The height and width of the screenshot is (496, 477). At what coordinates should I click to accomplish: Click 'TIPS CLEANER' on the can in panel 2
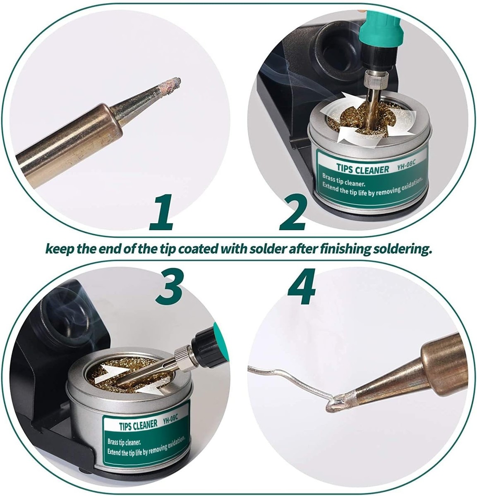coord(362,169)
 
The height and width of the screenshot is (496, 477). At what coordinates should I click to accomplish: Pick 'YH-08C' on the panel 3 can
coord(170,419)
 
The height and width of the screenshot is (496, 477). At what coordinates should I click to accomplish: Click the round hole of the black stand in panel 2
coord(329,54)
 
